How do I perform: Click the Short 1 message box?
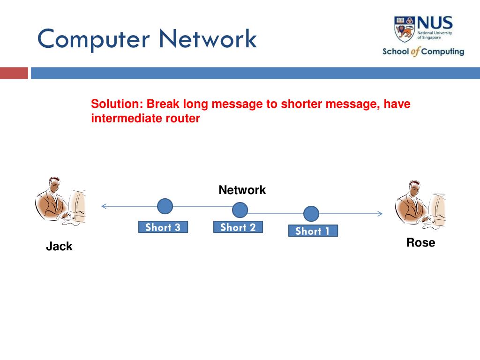pos(313,231)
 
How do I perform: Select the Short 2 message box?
pos(238,227)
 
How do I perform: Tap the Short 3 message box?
pos(163,227)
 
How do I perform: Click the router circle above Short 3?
pos(165,206)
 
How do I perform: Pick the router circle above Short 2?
pos(240,210)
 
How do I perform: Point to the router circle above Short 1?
pos(311,214)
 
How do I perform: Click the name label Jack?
pos(59,247)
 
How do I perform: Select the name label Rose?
pos(420,243)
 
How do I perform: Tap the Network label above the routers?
pos(242,190)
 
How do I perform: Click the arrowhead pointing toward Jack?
pos(104,206)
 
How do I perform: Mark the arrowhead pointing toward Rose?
pos(380,214)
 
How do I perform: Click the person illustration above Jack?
pos(60,201)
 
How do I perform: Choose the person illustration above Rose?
pos(420,205)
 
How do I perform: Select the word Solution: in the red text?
pos(117,104)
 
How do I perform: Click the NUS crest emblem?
pos(404,29)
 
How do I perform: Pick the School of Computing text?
pos(423,52)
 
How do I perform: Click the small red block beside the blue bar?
pos(14,73)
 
